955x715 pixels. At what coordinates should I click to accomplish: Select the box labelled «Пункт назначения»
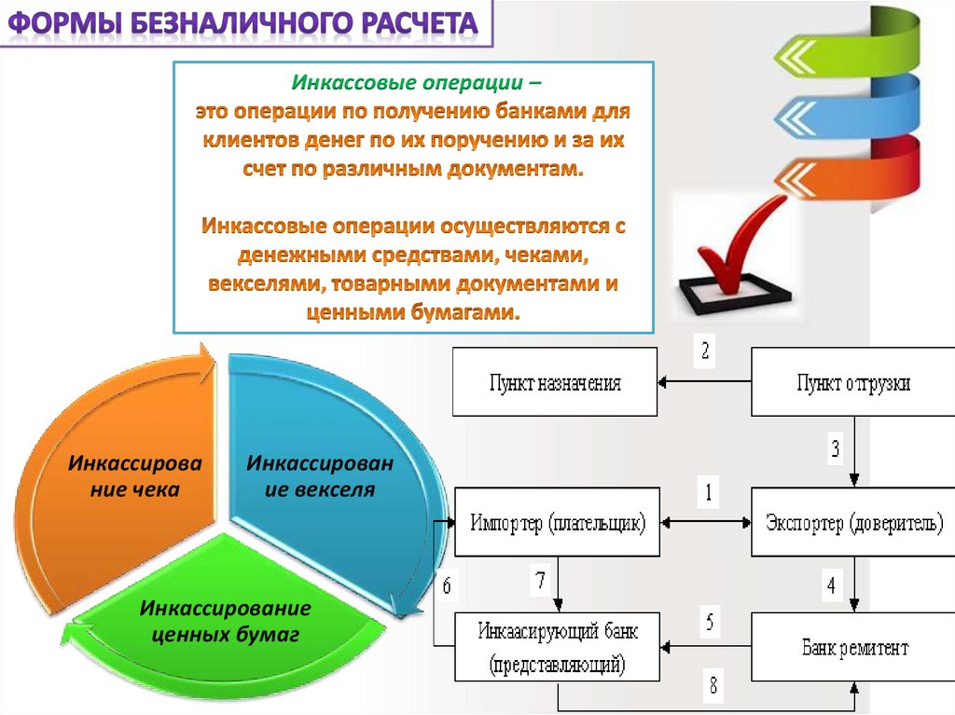[x=555, y=382]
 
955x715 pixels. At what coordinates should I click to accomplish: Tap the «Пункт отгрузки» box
[x=853, y=382]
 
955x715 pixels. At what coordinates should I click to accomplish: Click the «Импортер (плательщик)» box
[x=558, y=522]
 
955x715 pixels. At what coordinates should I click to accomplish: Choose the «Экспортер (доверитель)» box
[x=853, y=522]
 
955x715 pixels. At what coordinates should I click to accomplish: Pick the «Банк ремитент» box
[x=853, y=647]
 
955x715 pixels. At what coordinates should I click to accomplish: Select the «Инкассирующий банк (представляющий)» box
[x=558, y=647]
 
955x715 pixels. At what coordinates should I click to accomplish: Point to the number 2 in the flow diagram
[x=705, y=351]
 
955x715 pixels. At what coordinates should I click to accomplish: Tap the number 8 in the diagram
[x=713, y=687]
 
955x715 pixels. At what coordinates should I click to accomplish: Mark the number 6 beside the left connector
[x=446, y=586]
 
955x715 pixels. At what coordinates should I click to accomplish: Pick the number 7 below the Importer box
[x=539, y=581]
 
